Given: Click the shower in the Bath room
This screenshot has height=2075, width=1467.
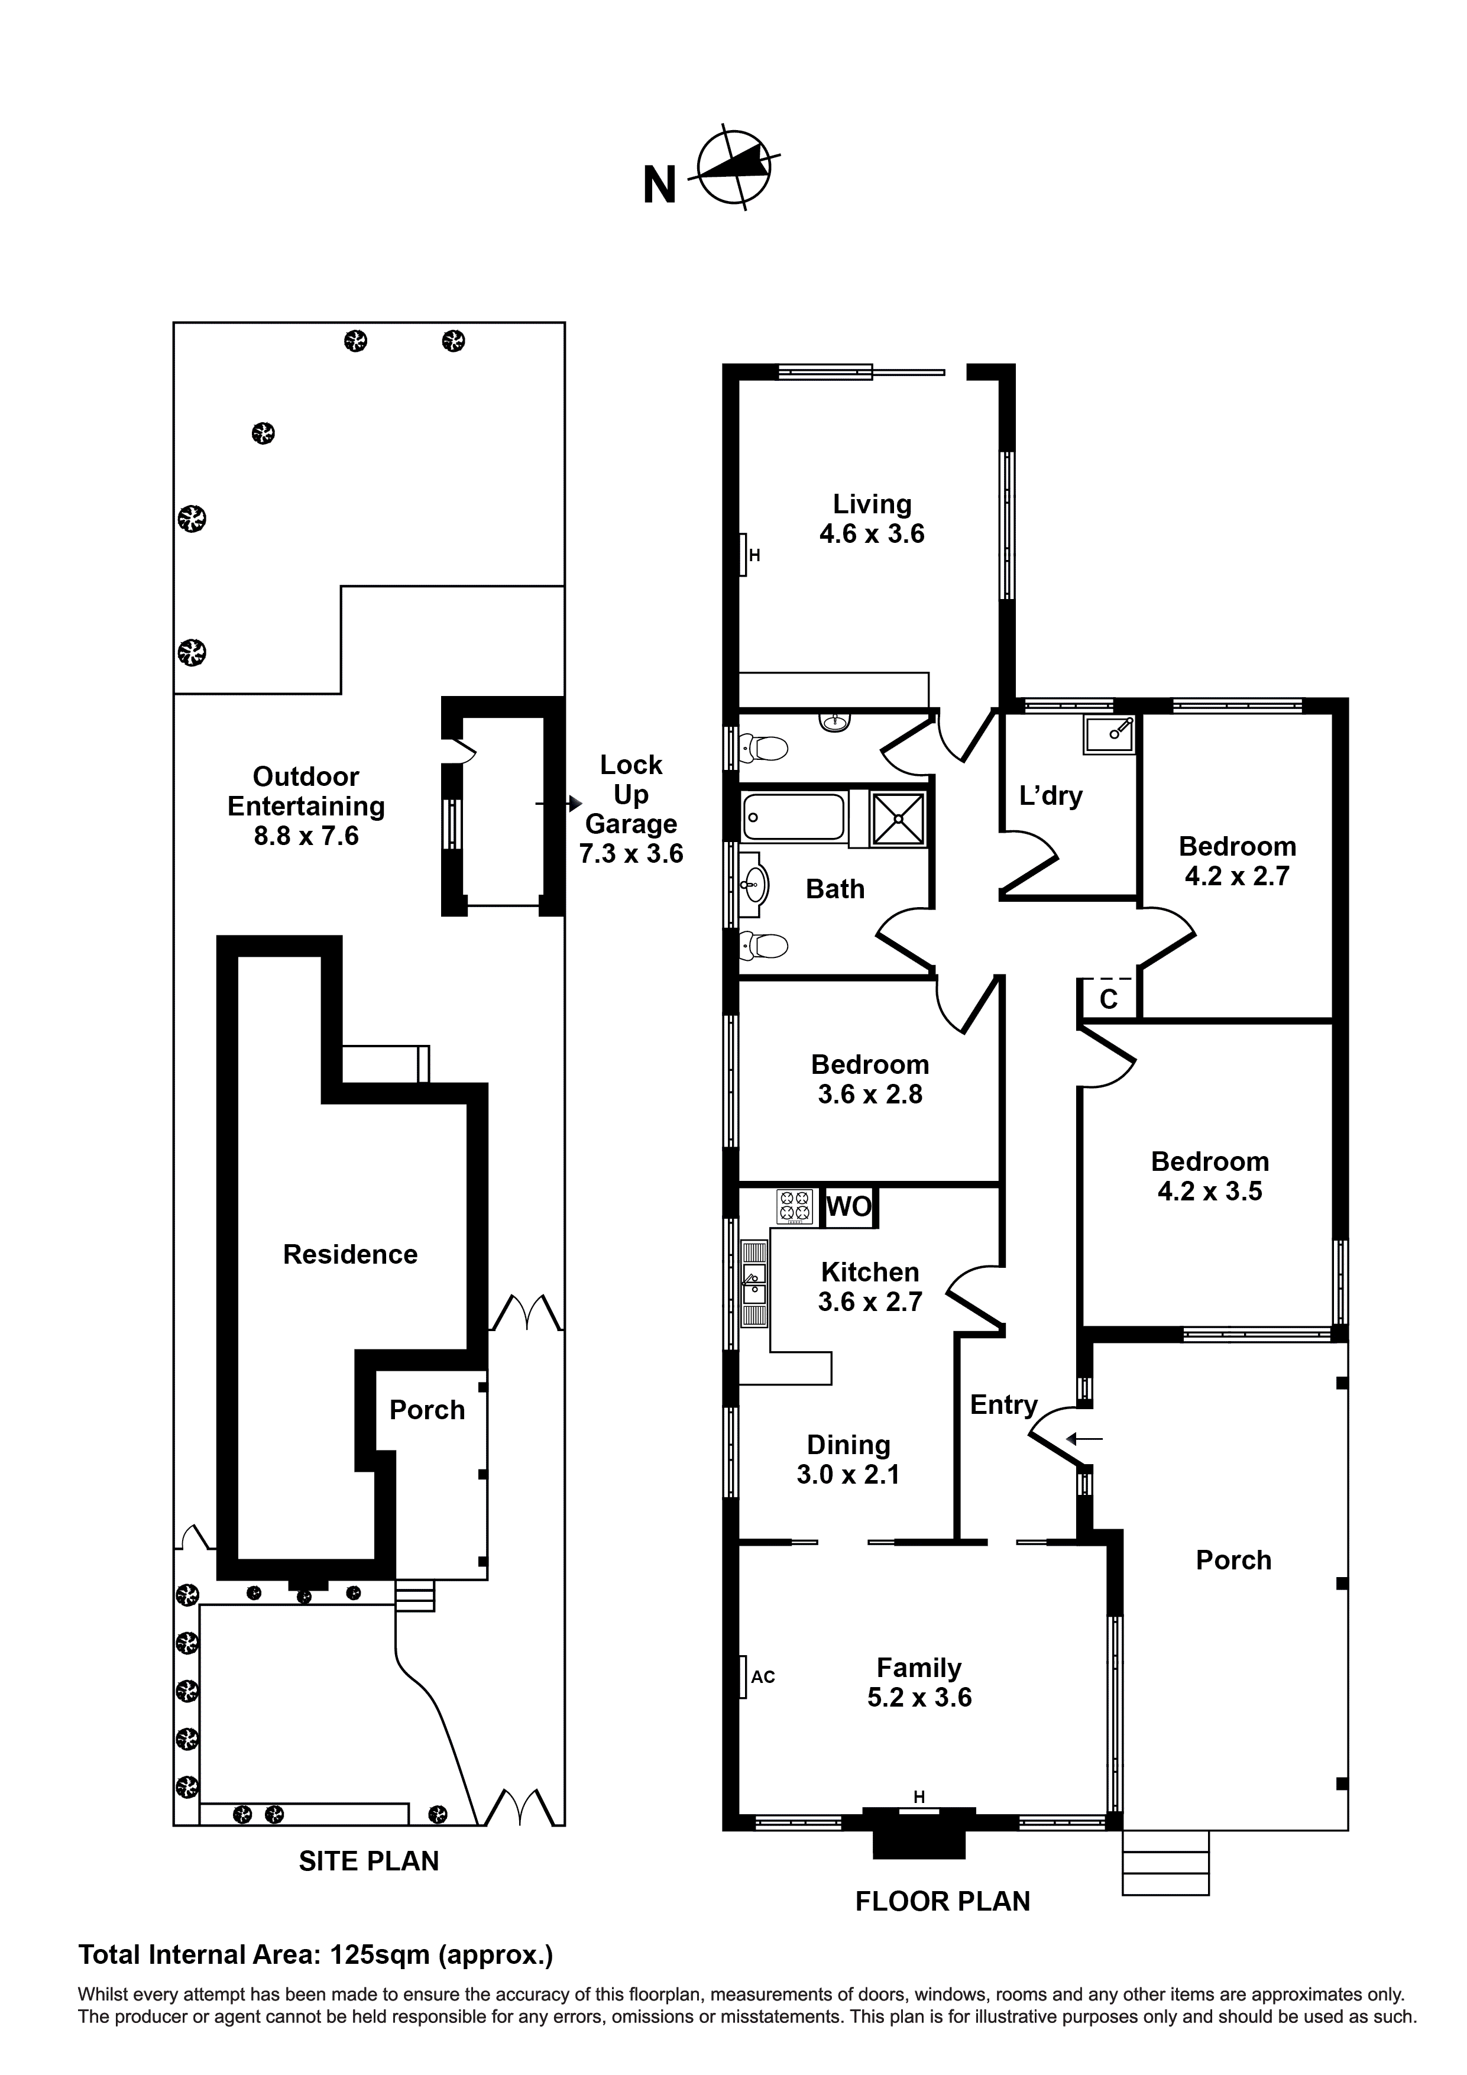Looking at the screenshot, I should pos(898,820).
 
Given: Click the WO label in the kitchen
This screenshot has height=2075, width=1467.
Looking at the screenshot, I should pos(849,1206).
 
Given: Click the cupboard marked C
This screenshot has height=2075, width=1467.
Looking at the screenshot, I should pos(1108,999).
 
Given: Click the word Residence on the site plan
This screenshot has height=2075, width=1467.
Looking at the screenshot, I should pos(350,1254).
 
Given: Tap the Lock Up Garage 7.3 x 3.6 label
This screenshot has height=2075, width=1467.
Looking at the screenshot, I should pos(631,809).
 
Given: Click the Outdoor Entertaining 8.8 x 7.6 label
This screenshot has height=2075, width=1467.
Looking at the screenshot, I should pos(306,806).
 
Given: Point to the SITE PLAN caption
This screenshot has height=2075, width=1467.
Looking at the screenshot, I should pos(369,1861).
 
